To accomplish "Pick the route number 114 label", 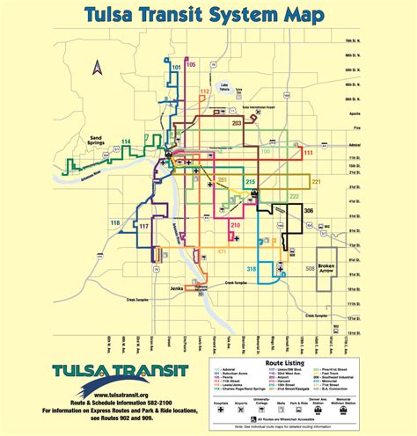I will (x=127, y=142).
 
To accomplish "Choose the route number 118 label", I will (x=115, y=222).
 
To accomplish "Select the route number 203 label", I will (x=237, y=124).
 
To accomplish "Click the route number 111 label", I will (x=308, y=153).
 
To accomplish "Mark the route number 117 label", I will (x=143, y=226).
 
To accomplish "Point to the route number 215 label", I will (x=251, y=181).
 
